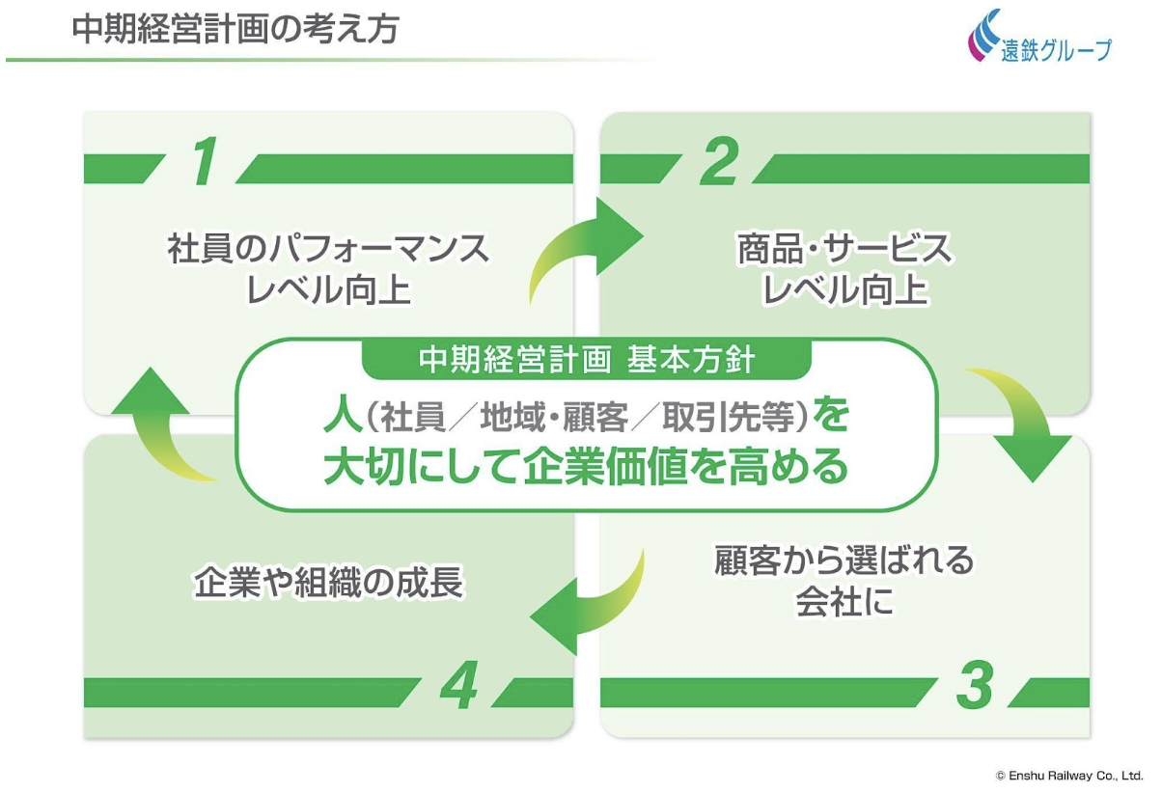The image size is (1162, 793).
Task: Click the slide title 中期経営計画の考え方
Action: click(x=235, y=29)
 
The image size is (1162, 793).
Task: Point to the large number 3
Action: click(x=976, y=686)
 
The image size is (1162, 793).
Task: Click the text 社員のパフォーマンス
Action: click(x=329, y=250)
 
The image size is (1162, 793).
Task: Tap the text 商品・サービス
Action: click(x=844, y=250)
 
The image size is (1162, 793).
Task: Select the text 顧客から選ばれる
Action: click(x=844, y=561)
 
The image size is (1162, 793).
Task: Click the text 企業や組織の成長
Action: click(x=329, y=584)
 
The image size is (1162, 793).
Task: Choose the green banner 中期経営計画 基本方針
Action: click(x=587, y=360)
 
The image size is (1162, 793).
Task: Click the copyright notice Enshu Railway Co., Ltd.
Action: click(x=1068, y=775)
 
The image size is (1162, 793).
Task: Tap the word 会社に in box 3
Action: click(x=844, y=603)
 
